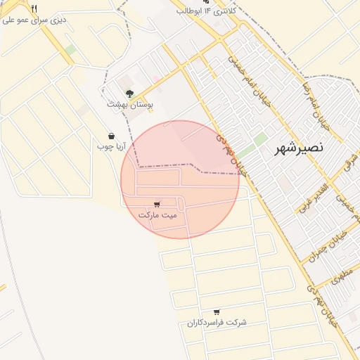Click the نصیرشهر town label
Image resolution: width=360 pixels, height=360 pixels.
point(299,148)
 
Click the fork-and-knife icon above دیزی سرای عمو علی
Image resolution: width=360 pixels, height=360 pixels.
point(34,8)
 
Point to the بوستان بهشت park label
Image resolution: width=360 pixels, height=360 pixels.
point(130,103)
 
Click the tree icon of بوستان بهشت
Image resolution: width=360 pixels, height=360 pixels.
point(129,92)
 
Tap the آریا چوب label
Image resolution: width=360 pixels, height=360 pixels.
point(111,147)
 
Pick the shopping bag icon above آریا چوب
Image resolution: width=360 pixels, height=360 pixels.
point(111,136)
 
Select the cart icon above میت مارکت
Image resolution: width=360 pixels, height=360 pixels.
point(156,204)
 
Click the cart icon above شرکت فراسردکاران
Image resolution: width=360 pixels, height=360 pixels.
point(217,311)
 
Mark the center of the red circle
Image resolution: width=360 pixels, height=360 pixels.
point(180,179)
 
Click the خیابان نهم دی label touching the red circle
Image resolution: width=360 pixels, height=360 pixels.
point(231,153)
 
